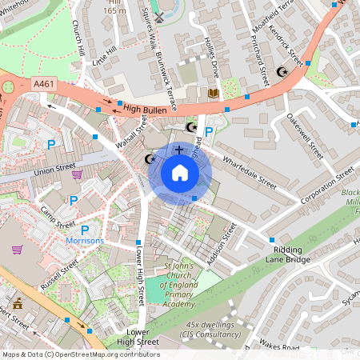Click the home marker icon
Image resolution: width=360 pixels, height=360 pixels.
tap(180, 173)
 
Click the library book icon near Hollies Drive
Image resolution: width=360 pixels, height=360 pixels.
tap(212, 94)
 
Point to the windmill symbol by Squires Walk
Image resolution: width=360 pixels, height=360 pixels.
tap(158, 16)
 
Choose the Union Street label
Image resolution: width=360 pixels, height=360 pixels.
tap(54, 169)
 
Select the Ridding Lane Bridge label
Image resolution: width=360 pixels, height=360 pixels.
tap(287, 254)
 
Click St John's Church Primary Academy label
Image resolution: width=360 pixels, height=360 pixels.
tap(179, 286)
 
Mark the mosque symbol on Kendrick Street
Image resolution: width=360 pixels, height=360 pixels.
tap(281, 72)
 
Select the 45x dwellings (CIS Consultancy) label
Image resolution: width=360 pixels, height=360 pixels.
tap(214, 329)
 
